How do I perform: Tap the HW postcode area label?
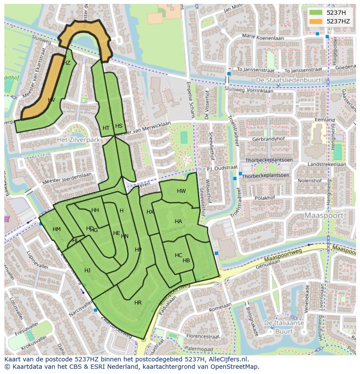tap(181, 191)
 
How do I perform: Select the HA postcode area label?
tap(178, 222)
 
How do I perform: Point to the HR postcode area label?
tap(138, 303)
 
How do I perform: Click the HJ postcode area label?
tap(87, 271)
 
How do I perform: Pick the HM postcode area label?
tap(57, 229)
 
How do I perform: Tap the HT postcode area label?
tap(106, 128)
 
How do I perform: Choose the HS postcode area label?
tap(119, 126)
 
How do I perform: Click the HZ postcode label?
tap(67, 63)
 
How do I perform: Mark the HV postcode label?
tap(51, 100)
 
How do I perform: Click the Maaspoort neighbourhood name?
tap(324, 215)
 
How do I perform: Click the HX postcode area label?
tap(150, 212)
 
